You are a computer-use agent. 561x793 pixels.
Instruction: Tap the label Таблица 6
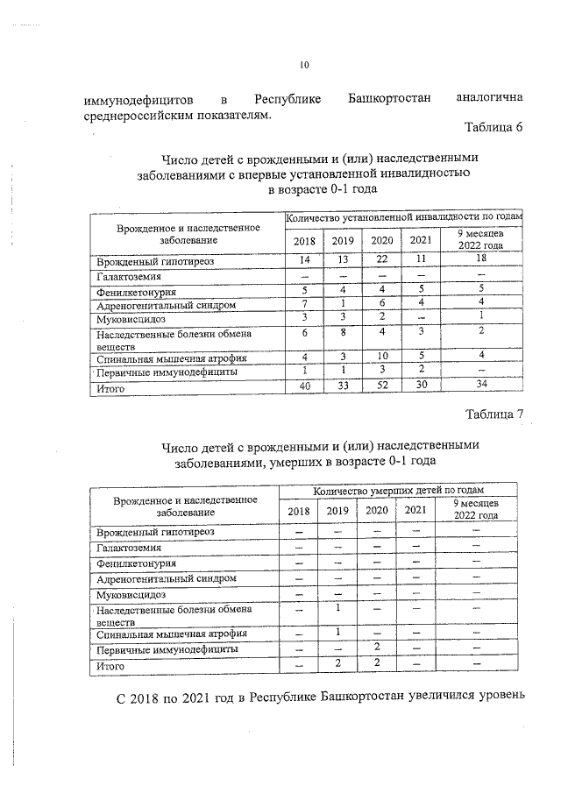[494, 128]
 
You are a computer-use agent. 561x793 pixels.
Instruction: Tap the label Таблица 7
[494, 414]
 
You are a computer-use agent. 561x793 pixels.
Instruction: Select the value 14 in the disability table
[304, 261]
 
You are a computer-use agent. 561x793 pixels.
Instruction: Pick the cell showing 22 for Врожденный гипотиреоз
[381, 261]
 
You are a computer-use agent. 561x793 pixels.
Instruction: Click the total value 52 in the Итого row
[381, 386]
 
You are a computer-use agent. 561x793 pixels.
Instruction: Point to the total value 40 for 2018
[304, 386]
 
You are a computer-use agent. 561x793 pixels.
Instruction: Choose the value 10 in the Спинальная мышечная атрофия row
[381, 358]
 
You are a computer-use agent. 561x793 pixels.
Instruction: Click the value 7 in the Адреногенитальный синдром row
[304, 304]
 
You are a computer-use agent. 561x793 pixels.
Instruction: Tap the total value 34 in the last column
[479, 386]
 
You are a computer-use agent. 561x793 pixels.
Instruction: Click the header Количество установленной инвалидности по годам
[404, 216]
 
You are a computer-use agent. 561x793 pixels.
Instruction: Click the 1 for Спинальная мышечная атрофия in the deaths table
[337, 632]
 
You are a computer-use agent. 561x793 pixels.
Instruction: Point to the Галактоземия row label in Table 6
[123, 276]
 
